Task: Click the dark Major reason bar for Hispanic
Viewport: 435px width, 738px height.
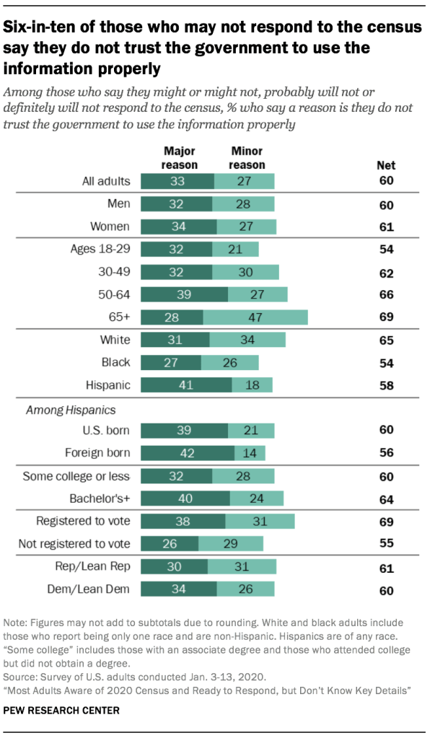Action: click(x=185, y=385)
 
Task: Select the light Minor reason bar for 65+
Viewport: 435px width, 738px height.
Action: click(x=255, y=317)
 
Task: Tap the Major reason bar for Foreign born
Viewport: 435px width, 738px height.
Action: click(x=187, y=453)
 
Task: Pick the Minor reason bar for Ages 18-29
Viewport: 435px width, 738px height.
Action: click(x=235, y=250)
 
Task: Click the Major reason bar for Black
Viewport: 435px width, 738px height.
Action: click(x=170, y=362)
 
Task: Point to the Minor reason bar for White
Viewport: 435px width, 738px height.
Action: click(x=247, y=340)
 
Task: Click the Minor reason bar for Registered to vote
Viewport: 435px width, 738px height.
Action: click(x=260, y=522)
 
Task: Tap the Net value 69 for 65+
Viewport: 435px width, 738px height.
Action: click(x=387, y=318)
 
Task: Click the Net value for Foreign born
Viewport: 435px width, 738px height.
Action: click(x=387, y=454)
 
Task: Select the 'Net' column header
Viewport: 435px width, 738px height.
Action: click(x=387, y=165)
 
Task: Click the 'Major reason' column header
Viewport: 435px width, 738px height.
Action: click(x=180, y=158)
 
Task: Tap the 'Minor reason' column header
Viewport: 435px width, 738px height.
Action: click(x=247, y=158)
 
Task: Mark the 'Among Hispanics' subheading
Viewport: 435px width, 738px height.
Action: click(x=61, y=410)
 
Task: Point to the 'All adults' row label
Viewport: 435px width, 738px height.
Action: click(x=105, y=182)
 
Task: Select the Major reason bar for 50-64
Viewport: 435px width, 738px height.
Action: click(x=184, y=295)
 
